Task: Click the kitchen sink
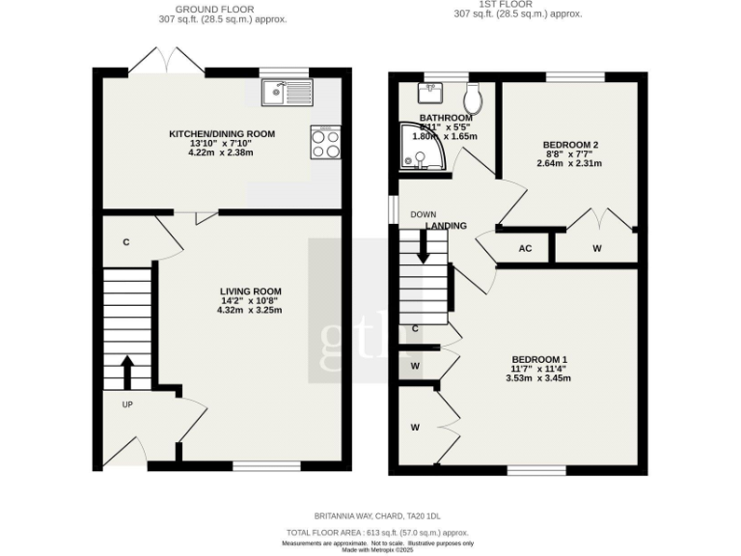(x=287, y=92)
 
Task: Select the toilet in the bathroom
(x=473, y=96)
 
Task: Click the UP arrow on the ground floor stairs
(x=126, y=370)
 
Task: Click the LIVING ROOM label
(x=250, y=291)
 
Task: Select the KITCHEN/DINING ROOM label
(x=222, y=133)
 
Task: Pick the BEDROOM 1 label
(x=539, y=359)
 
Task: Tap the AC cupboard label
(x=525, y=248)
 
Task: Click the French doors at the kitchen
(x=165, y=64)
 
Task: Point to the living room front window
(x=266, y=466)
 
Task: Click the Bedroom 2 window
(x=575, y=77)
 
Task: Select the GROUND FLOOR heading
(x=214, y=9)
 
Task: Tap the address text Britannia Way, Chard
(x=383, y=516)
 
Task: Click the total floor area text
(x=377, y=532)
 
